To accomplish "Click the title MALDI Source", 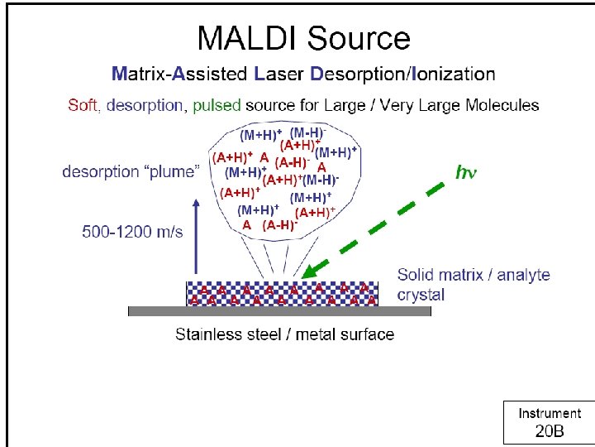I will tap(303, 38).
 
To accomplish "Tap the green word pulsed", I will tap(217, 105).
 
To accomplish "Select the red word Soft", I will tap(83, 105).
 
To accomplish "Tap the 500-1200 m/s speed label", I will tap(132, 232).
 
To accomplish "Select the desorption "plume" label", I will tap(131, 172).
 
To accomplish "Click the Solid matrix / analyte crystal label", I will tap(473, 284).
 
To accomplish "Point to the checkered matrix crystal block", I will tap(282, 294).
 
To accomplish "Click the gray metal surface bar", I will tap(279, 312).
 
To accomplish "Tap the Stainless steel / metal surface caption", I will tap(284, 334).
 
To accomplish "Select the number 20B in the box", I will tap(549, 431).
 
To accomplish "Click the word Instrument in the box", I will tap(549, 413).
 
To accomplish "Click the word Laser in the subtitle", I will tap(279, 74).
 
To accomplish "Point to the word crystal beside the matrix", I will tap(421, 296).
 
